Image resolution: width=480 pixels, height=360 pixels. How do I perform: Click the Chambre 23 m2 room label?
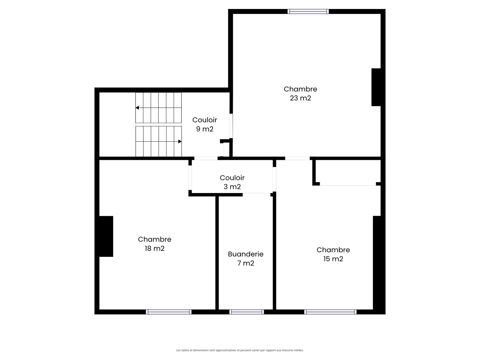coord(300,93)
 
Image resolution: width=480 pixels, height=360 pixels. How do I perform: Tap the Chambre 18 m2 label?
coord(154,244)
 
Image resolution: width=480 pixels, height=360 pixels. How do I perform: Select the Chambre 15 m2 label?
coord(333,254)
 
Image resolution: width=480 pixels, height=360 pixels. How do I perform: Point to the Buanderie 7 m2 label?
coord(246,258)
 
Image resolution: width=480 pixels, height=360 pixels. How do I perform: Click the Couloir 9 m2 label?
coord(205,124)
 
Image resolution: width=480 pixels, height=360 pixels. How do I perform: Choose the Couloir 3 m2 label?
coord(232,182)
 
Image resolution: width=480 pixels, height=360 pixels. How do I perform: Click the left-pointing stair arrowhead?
coord(137,108)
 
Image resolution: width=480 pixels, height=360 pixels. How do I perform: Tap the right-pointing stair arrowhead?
coord(180,141)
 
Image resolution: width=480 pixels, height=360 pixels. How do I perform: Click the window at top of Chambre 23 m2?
coord(308,11)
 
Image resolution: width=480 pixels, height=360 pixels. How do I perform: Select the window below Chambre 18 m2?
coord(169,312)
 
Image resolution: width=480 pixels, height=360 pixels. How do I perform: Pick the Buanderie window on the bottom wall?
coord(247,312)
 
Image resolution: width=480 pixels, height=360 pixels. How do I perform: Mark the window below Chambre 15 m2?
coord(330,312)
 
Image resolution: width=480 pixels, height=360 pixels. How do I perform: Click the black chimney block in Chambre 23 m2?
coord(376,87)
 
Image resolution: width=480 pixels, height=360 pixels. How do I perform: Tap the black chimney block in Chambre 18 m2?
coord(106,236)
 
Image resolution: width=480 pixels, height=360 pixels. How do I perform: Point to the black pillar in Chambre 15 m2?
coord(377,263)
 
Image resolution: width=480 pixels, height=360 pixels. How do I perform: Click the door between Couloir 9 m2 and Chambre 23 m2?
coord(231,126)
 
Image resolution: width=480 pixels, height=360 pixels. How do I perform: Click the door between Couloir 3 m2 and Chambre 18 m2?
coord(190,178)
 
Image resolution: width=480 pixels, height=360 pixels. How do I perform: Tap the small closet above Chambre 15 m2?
coord(348,172)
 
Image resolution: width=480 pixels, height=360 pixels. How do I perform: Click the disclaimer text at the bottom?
coord(240,350)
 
